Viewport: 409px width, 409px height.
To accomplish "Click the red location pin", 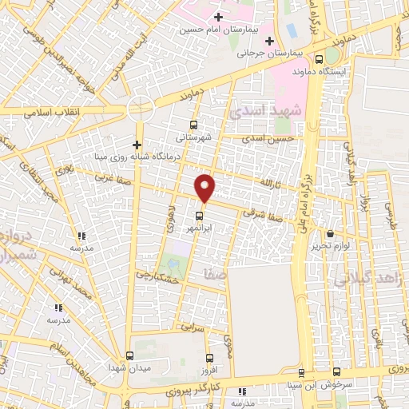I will [x=205, y=187].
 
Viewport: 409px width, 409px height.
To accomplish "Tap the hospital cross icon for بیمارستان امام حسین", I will [x=218, y=16].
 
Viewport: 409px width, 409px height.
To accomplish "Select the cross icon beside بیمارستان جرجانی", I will [x=269, y=41].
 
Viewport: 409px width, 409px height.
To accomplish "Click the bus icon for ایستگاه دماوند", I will [x=320, y=58].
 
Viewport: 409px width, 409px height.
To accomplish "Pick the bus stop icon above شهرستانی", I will [x=193, y=125].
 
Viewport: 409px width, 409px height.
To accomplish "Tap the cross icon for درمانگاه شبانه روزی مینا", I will [x=137, y=145].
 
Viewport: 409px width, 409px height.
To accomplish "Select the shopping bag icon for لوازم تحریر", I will [x=330, y=233].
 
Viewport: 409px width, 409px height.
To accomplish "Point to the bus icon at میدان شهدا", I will [x=129, y=355].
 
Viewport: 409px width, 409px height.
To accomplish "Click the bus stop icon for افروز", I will [x=209, y=358].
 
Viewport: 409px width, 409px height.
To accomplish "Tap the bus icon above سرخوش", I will [x=336, y=371].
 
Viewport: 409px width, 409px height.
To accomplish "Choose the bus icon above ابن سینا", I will [x=300, y=373].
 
